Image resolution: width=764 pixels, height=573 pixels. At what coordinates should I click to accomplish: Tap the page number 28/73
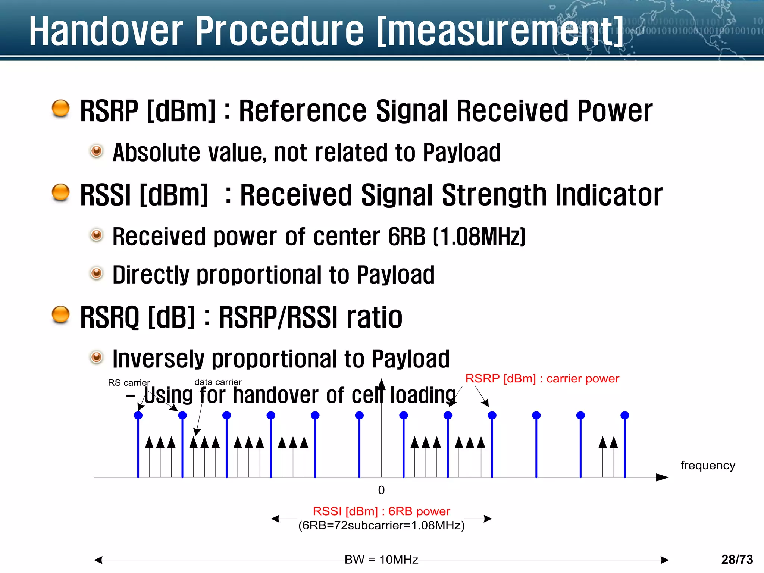point(737,560)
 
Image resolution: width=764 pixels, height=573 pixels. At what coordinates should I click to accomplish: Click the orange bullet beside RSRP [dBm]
point(60,109)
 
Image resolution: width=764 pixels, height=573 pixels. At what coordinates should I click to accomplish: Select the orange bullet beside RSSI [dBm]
point(60,192)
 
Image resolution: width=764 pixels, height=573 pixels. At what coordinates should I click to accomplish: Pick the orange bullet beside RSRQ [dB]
point(60,314)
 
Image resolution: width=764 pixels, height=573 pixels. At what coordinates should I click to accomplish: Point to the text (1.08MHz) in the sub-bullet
point(479,237)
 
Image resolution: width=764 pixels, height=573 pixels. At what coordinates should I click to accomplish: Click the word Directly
point(151,275)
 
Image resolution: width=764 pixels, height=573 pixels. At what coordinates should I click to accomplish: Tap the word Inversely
point(158,359)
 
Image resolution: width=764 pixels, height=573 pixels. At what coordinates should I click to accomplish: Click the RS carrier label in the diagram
point(129,383)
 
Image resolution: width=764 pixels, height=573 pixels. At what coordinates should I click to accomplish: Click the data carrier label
point(218,382)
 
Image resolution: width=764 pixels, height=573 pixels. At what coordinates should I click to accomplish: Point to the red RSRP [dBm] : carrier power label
point(542,379)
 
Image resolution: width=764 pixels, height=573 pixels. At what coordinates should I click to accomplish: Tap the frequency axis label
point(708,465)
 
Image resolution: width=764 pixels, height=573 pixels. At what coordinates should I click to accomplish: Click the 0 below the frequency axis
point(381,490)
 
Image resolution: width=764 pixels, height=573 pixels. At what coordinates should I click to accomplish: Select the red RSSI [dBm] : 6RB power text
point(381,511)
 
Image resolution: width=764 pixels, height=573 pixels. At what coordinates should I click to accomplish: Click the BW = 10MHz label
point(381,560)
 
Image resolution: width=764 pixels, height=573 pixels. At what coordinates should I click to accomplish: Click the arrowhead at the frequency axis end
point(662,477)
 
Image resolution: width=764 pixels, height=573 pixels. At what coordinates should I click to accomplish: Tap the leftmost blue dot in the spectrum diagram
point(138,415)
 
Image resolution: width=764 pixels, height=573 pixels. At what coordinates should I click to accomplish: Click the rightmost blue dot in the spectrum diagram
point(625,415)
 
